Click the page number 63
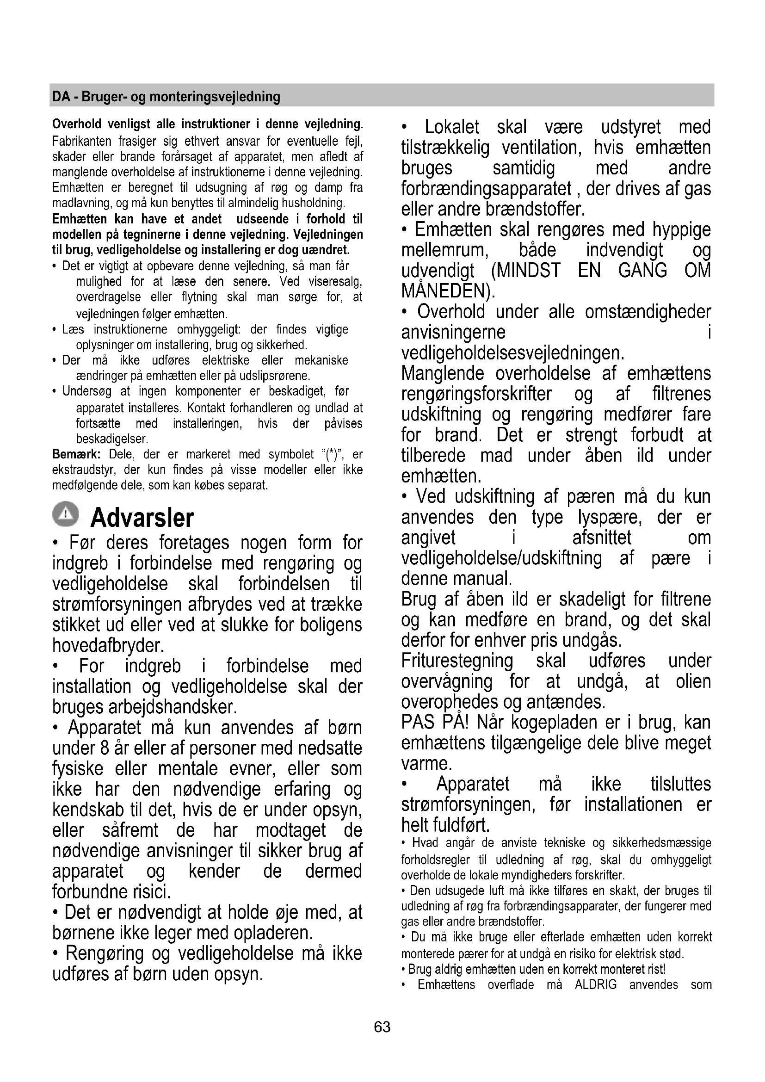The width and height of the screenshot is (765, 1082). (x=382, y=1027)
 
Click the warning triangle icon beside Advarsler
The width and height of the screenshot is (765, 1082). (x=67, y=513)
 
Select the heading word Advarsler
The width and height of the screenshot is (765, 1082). (x=142, y=518)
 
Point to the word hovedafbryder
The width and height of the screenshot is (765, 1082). (x=108, y=645)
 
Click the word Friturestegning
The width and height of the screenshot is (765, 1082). (x=457, y=661)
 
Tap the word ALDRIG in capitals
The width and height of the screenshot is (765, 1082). (x=595, y=984)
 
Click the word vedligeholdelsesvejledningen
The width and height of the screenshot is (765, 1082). (x=512, y=352)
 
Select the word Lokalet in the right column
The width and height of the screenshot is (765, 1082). (x=452, y=127)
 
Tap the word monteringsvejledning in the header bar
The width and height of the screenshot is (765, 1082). (x=215, y=97)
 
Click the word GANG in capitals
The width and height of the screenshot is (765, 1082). (x=642, y=271)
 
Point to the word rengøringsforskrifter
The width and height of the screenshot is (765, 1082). (x=476, y=394)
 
